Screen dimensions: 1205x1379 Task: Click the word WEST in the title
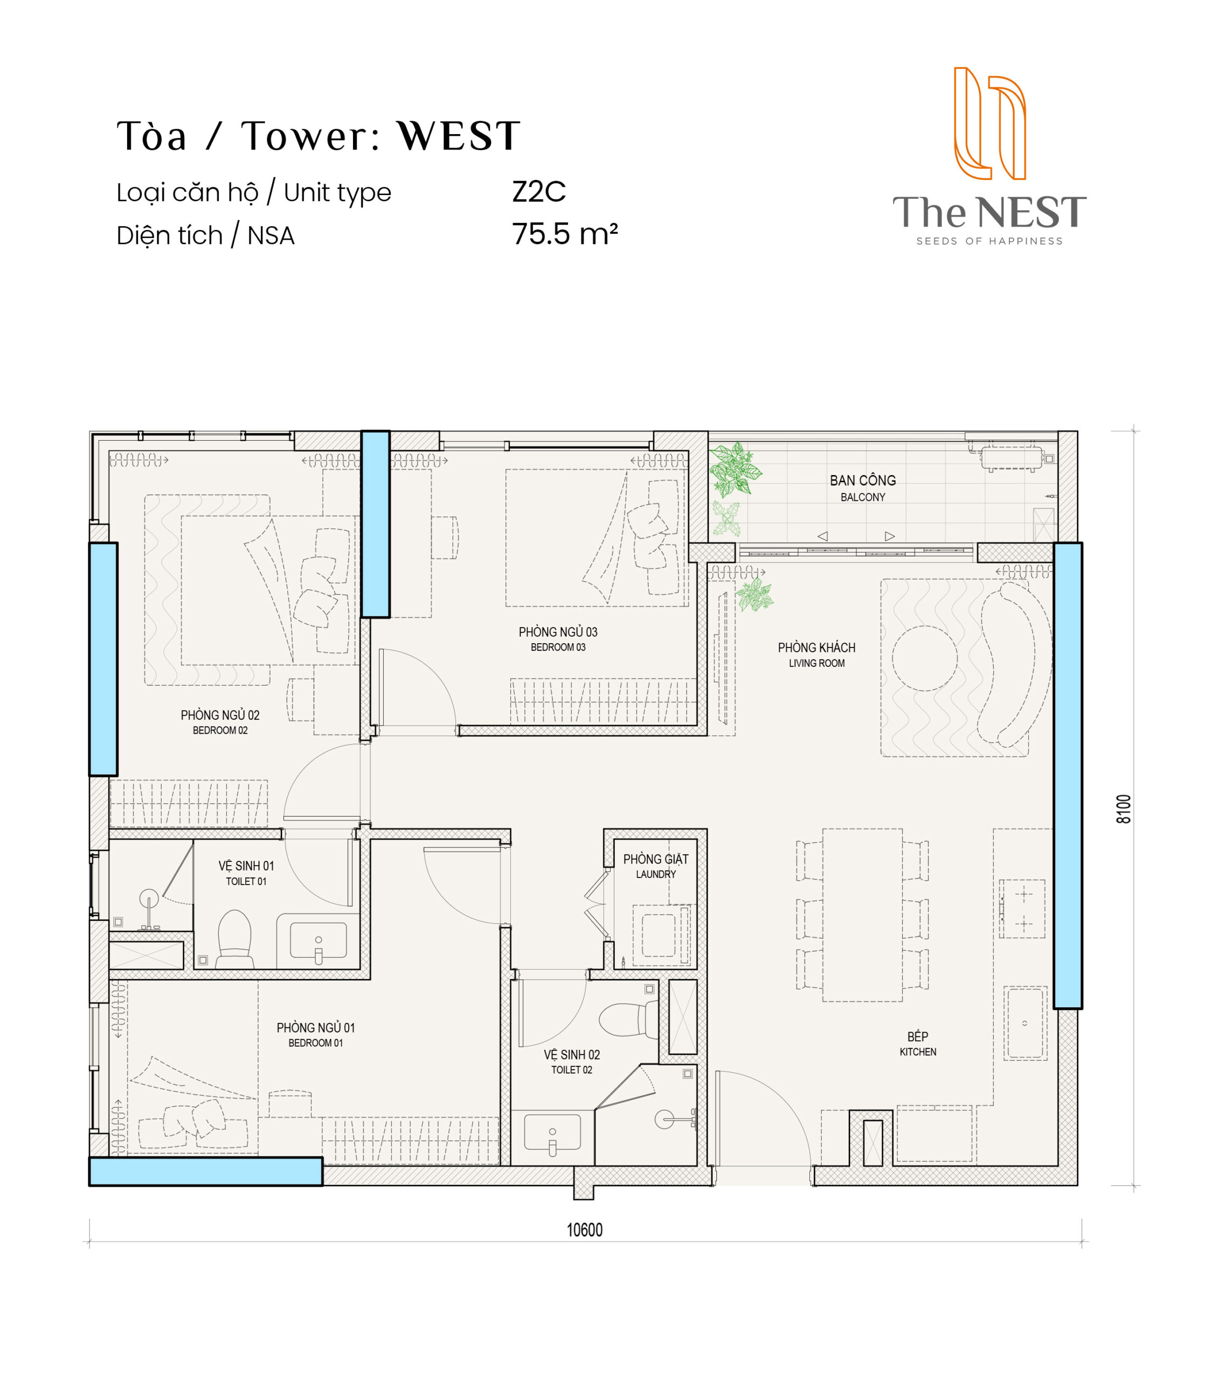[x=459, y=136]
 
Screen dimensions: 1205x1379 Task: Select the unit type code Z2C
[x=538, y=192]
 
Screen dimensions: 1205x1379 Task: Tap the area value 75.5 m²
[x=565, y=234]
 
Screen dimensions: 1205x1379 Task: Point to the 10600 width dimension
[x=584, y=1230]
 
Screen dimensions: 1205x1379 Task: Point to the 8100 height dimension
[x=1124, y=809]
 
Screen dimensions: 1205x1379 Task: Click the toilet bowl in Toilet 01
[x=234, y=939]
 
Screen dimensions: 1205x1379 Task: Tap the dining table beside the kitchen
[x=862, y=915]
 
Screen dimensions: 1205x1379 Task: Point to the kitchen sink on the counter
[x=1025, y=1023]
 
